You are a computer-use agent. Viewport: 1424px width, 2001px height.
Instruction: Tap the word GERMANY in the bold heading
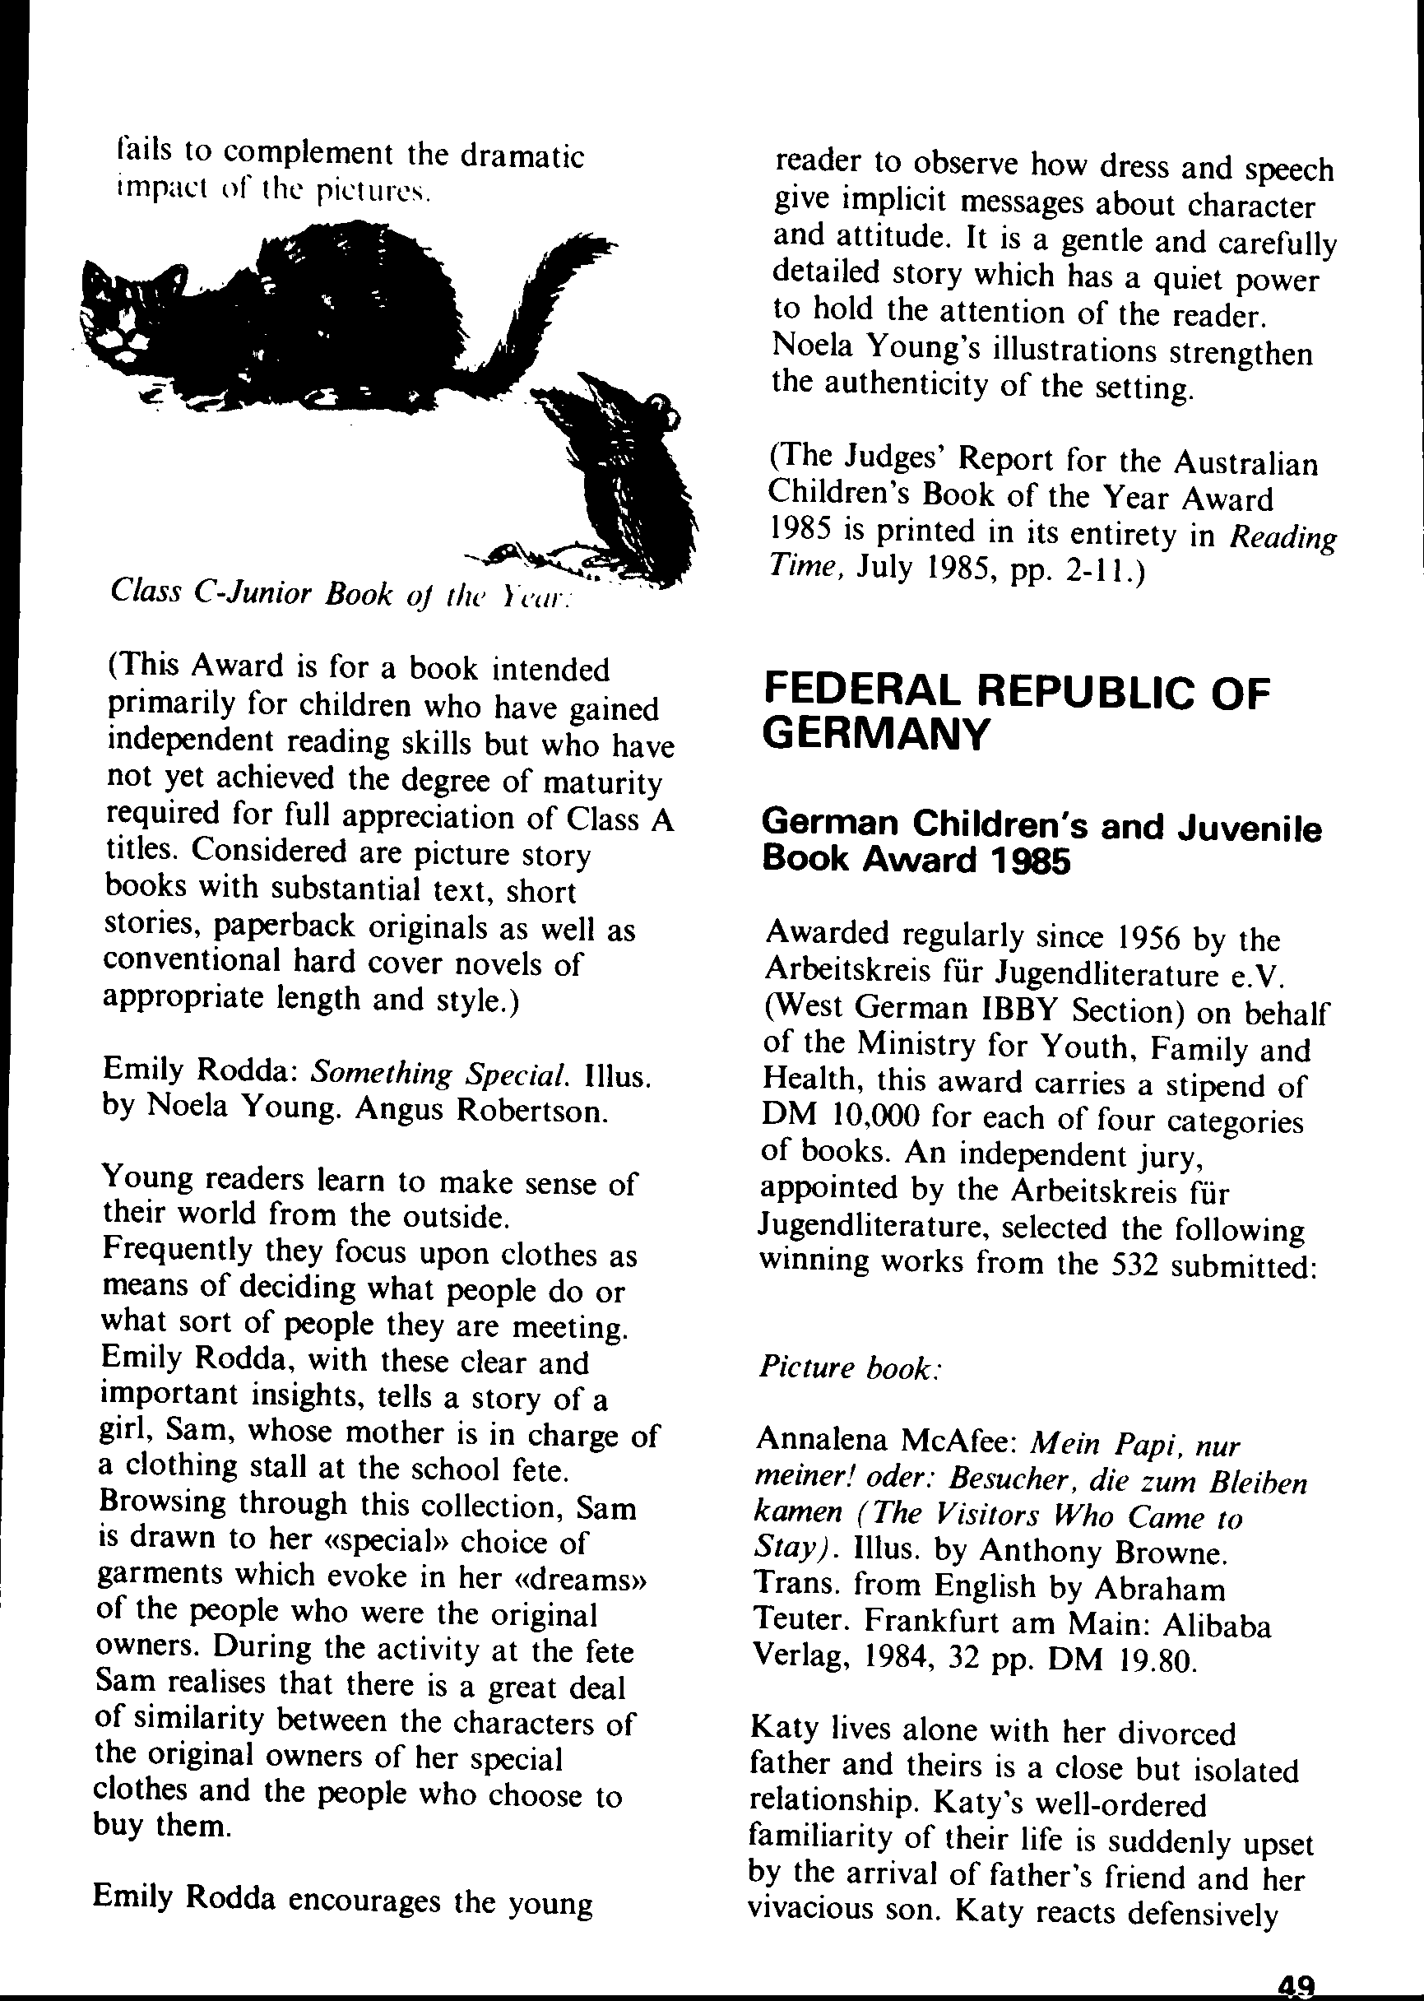pyautogui.click(x=874, y=732)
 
